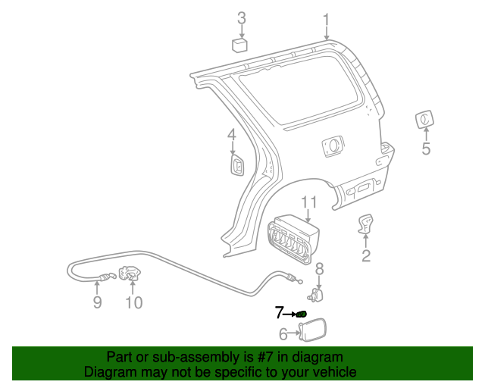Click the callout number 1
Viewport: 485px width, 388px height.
click(327, 19)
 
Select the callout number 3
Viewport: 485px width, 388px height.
click(242, 17)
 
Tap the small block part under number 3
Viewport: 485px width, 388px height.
click(242, 45)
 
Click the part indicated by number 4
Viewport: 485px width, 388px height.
click(236, 164)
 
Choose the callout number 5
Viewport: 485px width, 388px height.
click(426, 149)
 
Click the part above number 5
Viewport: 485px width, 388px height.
click(424, 120)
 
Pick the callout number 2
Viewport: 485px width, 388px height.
click(366, 255)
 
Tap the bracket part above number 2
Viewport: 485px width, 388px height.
click(366, 224)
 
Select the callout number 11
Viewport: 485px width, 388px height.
click(308, 202)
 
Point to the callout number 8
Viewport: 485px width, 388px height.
click(319, 268)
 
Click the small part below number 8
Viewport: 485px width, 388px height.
click(318, 293)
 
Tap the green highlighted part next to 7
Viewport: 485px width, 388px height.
click(302, 314)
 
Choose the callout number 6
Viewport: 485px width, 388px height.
click(283, 333)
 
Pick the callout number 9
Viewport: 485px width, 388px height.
click(97, 303)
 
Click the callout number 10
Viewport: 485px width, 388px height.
click(133, 303)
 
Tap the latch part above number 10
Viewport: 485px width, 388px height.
click(130, 275)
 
